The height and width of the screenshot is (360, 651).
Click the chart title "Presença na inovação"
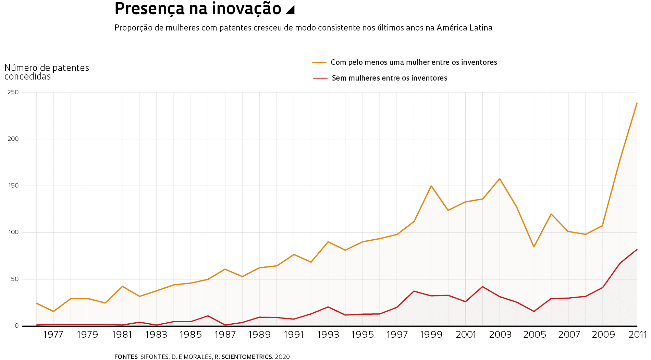point(198,9)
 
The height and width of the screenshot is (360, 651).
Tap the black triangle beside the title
point(290,10)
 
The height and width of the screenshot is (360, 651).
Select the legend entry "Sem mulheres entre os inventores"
point(389,78)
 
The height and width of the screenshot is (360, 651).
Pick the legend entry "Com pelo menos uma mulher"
point(414,62)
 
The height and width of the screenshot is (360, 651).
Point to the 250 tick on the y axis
point(13,92)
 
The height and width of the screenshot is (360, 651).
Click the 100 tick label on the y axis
point(13,232)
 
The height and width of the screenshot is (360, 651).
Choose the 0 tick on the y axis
point(16,326)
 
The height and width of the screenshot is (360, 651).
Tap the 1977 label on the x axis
point(53,335)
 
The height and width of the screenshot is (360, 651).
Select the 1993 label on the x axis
point(328,335)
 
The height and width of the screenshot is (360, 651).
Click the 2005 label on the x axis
point(534,335)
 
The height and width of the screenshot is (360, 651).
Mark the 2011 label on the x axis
point(637,335)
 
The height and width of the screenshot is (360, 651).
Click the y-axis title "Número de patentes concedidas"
point(46,72)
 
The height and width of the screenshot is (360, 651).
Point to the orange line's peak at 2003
point(500,179)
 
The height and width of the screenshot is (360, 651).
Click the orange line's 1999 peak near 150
point(431,186)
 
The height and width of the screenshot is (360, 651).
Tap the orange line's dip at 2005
point(534,247)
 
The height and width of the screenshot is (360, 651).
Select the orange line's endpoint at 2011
point(637,103)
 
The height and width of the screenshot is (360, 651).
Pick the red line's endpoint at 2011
point(637,250)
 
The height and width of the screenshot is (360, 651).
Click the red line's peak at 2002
point(482,287)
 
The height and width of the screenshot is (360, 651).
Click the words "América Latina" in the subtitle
point(464,28)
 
